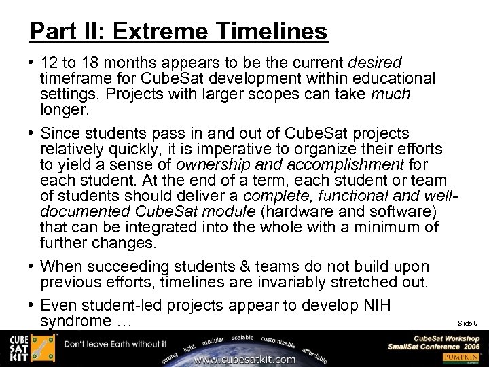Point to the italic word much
(x=391, y=94)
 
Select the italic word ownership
(x=210, y=165)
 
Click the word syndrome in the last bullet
(x=75, y=320)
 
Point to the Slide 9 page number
(x=467, y=323)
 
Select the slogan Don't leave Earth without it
(x=115, y=344)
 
